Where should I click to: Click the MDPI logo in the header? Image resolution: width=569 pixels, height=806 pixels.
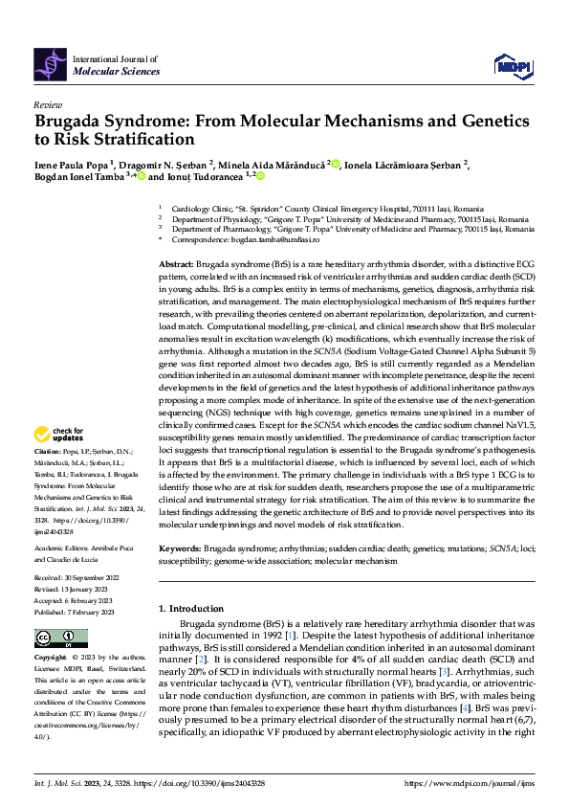click(x=512, y=64)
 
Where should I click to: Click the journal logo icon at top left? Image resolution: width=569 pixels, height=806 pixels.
click(x=50, y=64)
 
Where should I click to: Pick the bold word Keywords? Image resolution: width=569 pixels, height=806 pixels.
click(x=179, y=549)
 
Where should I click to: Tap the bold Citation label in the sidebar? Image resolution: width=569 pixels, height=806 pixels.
click(x=48, y=450)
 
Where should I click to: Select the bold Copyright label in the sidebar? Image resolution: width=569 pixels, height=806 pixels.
click(x=52, y=659)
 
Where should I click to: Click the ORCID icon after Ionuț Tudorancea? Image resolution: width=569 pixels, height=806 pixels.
click(x=258, y=177)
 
